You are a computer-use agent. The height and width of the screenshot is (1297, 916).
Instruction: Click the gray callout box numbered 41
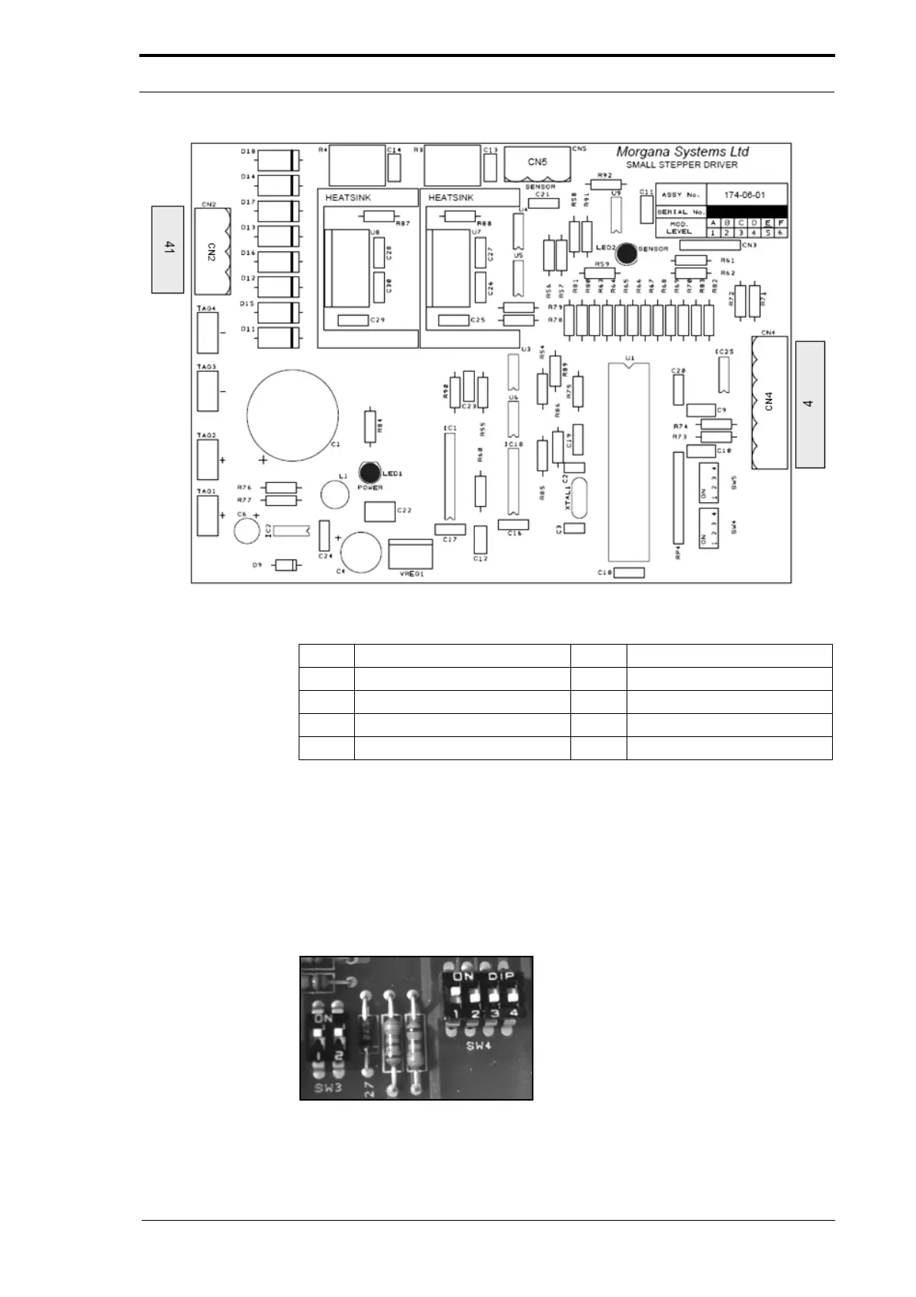pos(168,249)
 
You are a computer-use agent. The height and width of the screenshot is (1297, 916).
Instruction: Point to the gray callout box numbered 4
pos(809,404)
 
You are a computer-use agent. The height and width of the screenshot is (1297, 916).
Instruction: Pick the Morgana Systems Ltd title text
pos(683,152)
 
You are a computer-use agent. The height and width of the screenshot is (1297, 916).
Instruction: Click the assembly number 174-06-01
pos(745,194)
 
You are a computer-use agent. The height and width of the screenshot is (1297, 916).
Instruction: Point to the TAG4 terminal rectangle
pos(207,333)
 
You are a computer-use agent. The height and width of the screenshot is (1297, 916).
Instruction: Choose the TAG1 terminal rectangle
pos(207,515)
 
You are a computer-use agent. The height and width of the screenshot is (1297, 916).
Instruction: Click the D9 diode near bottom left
pos(286,565)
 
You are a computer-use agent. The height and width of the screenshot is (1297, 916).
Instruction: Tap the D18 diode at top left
pos(278,160)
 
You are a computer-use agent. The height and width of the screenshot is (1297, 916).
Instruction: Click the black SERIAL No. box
pos(746,212)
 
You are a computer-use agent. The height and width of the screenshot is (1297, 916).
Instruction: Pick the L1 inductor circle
pos(336,494)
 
